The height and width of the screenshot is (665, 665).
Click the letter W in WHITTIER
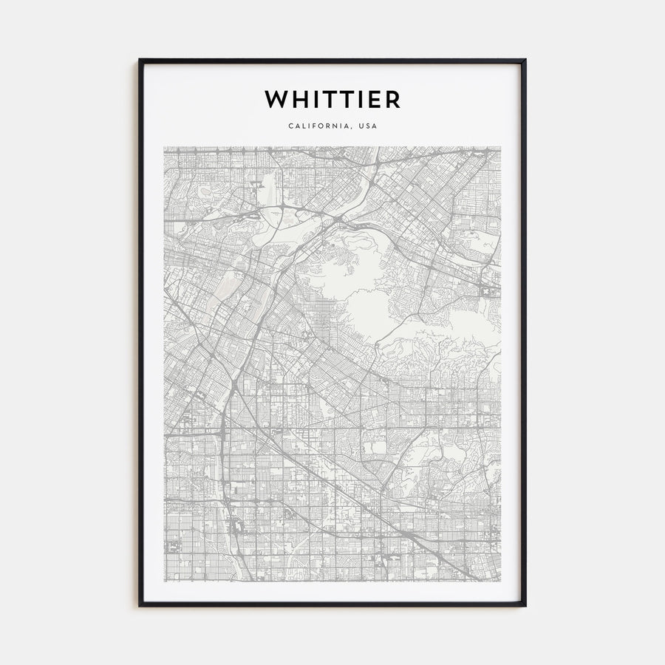click(x=275, y=99)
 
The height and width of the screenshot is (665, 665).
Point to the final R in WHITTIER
click(x=392, y=99)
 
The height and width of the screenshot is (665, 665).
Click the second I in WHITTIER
click(x=361, y=99)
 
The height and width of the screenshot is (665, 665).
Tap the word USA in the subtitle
click(x=367, y=126)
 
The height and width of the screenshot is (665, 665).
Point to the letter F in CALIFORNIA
click(x=316, y=126)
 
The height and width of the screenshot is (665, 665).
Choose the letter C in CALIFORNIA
click(x=291, y=126)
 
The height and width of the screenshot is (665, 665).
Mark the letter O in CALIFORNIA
click(x=323, y=126)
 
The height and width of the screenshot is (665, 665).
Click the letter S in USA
click(x=367, y=126)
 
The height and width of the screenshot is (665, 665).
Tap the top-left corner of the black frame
click(x=140, y=60)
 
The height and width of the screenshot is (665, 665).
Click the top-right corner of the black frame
click(x=525, y=60)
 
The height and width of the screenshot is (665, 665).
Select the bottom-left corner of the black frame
click(x=140, y=606)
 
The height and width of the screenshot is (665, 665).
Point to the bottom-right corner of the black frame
click(x=525, y=606)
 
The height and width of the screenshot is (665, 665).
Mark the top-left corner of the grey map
click(x=164, y=146)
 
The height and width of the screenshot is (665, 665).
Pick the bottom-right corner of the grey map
click(x=501, y=581)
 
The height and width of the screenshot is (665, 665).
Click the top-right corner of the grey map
click(x=501, y=146)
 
